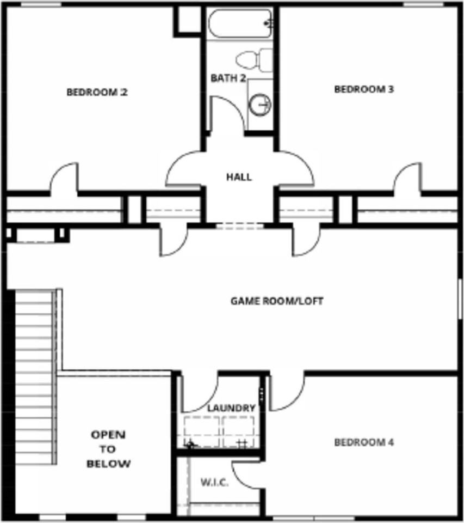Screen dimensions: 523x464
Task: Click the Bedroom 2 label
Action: point(97,92)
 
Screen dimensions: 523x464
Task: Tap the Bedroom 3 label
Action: point(363,89)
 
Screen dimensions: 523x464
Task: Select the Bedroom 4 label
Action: point(363,442)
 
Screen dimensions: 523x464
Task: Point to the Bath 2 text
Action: point(228,78)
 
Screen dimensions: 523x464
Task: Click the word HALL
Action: point(239,177)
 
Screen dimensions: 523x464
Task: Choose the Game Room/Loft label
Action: point(277,301)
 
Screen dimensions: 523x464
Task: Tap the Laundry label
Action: point(231,408)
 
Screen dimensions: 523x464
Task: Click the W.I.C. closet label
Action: point(214,483)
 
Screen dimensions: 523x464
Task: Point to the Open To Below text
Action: point(109,449)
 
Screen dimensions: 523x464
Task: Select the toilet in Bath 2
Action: point(255,59)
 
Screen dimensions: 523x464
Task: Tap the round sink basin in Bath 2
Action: point(261,104)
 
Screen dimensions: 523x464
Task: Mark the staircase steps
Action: point(34,376)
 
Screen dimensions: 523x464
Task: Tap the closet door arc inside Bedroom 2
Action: point(65,177)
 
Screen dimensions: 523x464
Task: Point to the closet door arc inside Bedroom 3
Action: point(407,177)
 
